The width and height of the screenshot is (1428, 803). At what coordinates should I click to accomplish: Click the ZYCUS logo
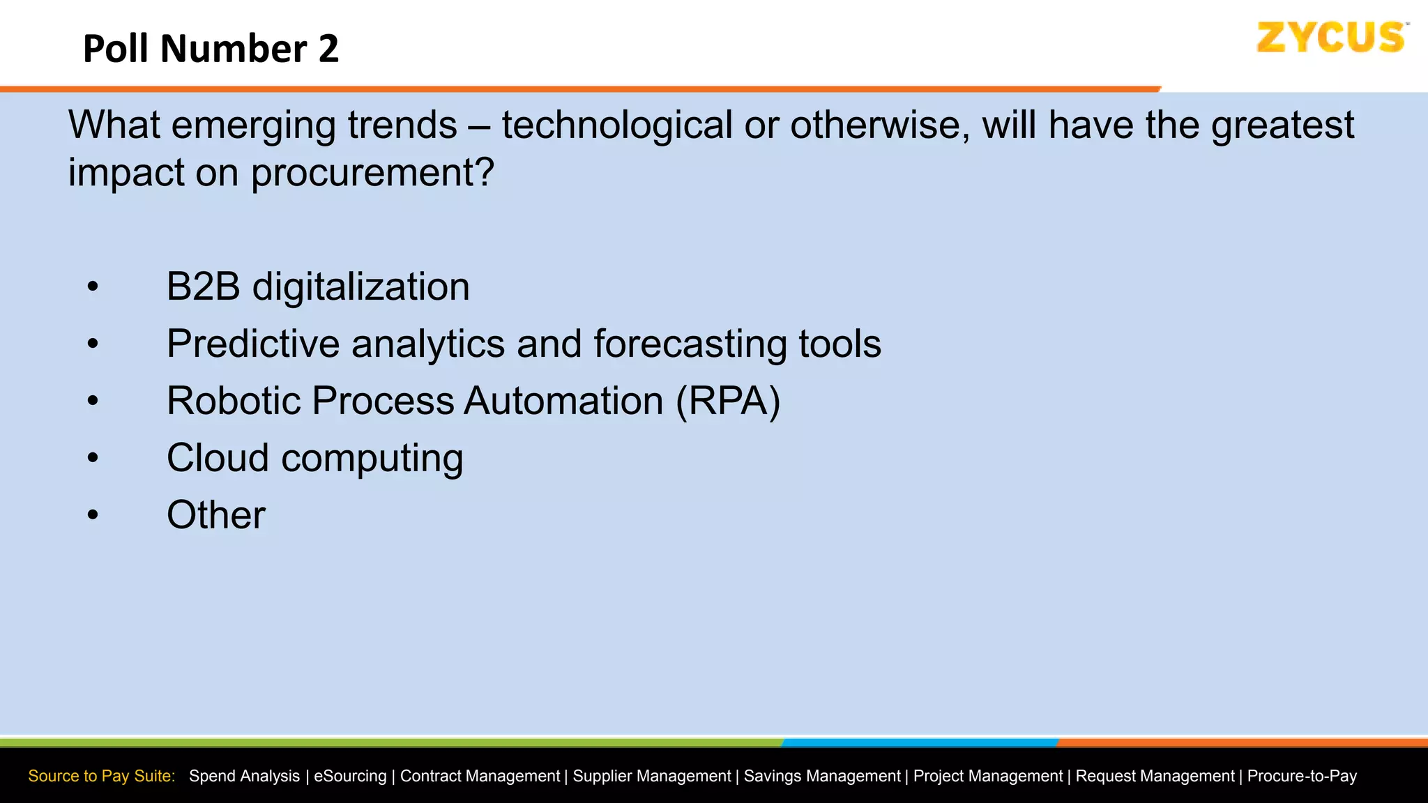[1330, 38]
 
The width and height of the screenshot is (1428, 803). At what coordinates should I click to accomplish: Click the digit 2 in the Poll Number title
[328, 49]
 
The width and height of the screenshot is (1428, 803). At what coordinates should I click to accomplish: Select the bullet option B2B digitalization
[318, 286]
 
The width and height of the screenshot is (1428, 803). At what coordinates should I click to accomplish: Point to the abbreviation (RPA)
[728, 401]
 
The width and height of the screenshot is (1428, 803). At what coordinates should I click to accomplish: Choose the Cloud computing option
[314, 458]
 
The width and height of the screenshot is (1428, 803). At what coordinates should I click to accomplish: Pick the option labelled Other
[216, 515]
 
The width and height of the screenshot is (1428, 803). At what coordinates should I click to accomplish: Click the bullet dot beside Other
[93, 515]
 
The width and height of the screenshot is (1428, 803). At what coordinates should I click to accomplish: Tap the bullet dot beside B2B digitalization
[93, 287]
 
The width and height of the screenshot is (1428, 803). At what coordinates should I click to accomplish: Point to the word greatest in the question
[1282, 126]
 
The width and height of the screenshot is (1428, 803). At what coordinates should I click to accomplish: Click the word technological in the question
[617, 126]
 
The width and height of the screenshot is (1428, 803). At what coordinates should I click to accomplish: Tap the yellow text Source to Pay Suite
[101, 776]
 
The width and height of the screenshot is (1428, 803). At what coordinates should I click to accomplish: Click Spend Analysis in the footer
[244, 776]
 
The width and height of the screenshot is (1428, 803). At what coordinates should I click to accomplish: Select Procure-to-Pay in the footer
[1302, 776]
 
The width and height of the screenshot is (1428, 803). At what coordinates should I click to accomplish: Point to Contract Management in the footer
[480, 776]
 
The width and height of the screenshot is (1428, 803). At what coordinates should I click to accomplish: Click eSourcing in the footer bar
[350, 776]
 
